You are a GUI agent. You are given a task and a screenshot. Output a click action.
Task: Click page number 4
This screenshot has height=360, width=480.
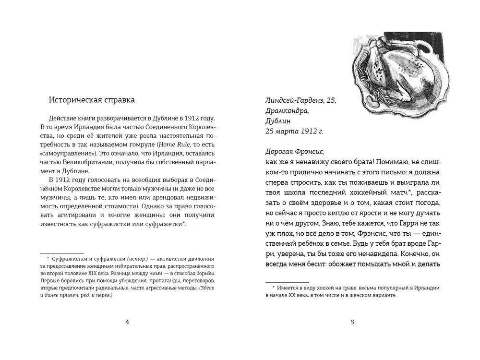[x=127, y=322]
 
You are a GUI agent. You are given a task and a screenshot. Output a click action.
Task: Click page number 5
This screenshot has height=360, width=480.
[x=352, y=322]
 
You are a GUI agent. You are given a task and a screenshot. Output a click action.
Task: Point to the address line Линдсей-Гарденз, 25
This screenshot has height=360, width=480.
[x=300, y=100]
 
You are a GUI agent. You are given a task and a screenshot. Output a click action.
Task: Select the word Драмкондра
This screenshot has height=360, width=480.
[x=287, y=111]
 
